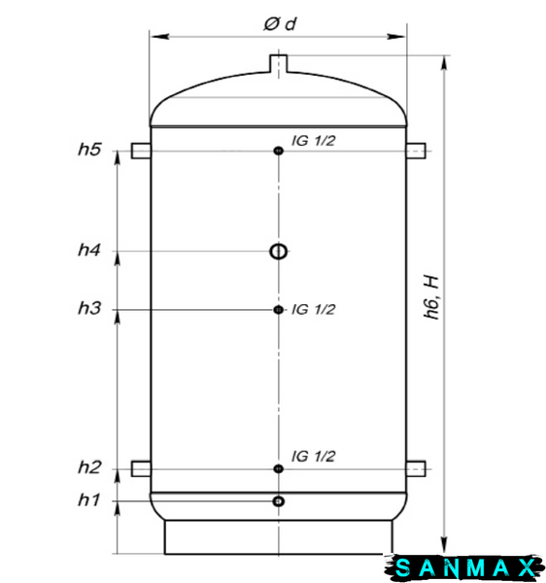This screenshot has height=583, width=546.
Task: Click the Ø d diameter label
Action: [280, 24]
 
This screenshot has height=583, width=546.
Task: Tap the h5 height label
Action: [89, 149]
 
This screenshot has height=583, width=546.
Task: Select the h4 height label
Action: [89, 250]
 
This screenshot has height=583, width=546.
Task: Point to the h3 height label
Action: [89, 308]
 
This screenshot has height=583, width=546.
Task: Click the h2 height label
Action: [89, 467]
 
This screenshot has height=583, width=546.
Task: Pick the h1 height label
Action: [88, 499]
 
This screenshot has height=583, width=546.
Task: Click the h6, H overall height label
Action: [431, 297]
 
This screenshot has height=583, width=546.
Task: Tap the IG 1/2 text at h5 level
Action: [314, 141]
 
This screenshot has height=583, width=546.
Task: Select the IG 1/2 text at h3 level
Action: [314, 309]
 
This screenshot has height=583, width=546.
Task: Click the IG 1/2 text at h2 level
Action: [314, 457]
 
